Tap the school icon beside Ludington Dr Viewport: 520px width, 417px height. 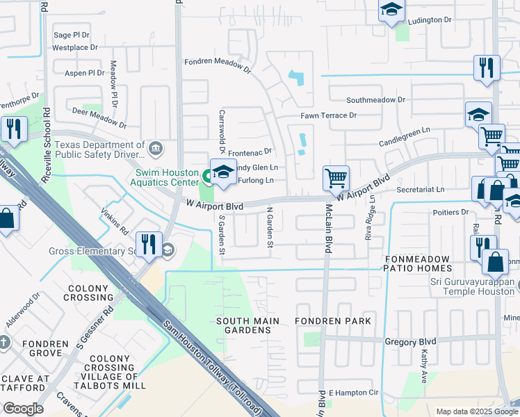[x=391, y=10]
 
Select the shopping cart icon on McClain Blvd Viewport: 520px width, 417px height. [x=336, y=178]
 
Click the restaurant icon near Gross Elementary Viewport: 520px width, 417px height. [x=149, y=244]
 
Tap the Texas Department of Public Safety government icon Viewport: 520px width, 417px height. [x=156, y=147]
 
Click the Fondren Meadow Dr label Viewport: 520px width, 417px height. [x=217, y=65]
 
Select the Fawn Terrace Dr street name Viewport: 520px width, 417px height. [x=328, y=115]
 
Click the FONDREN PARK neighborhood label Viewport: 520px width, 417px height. [x=332, y=321]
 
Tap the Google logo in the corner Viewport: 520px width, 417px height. [x=23, y=409]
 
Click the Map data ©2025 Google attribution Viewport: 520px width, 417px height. [x=476, y=411]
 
